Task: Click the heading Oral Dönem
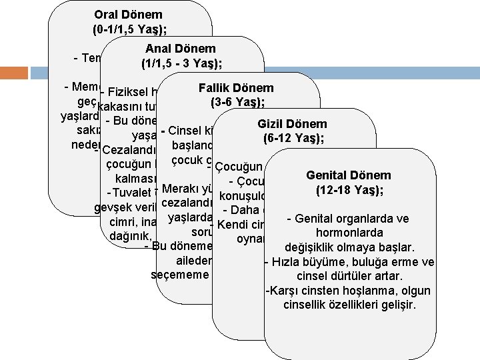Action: point(129,14)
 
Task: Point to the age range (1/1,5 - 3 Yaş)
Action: point(182,64)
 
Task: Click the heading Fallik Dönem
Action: point(236,87)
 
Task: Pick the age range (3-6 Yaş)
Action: point(237,103)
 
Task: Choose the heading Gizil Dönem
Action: point(294,124)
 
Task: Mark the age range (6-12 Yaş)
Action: point(294,139)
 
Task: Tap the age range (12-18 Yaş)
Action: point(350,191)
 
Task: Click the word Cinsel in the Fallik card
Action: point(185,131)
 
